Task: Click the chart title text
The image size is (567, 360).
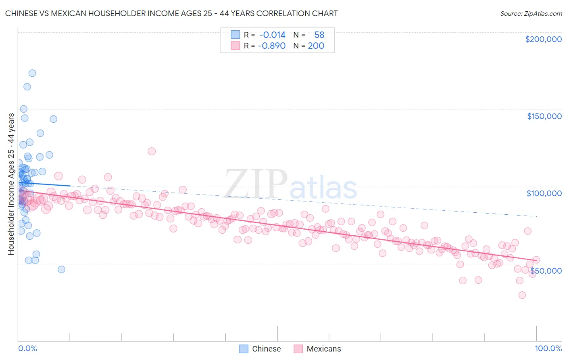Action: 171,13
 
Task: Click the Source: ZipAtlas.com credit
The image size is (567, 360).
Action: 531,13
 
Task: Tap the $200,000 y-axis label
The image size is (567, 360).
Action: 543,39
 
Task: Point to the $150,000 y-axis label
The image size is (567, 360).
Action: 544,116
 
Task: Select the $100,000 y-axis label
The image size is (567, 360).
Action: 544,193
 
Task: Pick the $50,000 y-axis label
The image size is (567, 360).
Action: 546,270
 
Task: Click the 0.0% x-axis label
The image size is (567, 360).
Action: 27,348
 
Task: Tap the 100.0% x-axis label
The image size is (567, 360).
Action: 548,348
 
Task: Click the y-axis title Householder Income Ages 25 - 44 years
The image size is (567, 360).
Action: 11,184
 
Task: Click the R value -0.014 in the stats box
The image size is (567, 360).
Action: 272,35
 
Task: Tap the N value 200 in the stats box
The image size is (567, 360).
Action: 316,46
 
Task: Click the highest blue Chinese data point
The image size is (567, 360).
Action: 32,73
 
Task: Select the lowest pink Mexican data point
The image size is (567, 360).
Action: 522,295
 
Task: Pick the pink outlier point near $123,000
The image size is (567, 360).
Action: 152,151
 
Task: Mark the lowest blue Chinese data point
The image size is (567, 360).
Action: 61,269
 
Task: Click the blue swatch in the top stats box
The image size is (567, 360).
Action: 235,35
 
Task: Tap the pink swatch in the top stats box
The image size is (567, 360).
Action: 235,46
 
